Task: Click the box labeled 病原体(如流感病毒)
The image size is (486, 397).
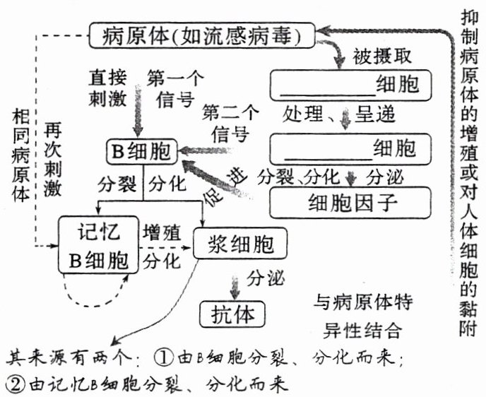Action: pyautogui.click(x=203, y=35)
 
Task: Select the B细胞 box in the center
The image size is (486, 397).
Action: pyautogui.click(x=142, y=150)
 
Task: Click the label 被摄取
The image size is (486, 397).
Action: pyautogui.click(x=381, y=57)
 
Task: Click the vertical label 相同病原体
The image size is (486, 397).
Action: pyautogui.click(x=20, y=155)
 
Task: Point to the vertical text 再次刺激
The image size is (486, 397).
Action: pyautogui.click(x=53, y=158)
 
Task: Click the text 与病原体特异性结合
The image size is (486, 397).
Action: pyautogui.click(x=362, y=316)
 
